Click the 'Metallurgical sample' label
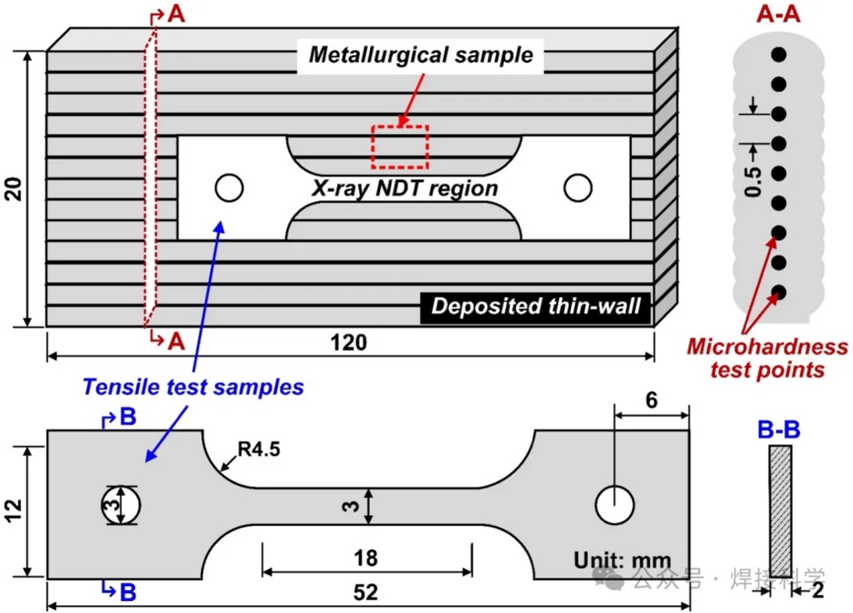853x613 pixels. [x=420, y=55]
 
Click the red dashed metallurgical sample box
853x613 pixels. [x=399, y=146]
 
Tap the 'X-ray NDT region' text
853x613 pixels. [x=405, y=188]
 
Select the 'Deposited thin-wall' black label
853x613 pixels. [x=536, y=307]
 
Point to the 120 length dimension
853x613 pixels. [x=349, y=343]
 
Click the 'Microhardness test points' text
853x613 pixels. [x=767, y=358]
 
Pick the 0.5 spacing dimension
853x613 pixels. [x=751, y=181]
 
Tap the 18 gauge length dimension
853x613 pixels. [x=367, y=556]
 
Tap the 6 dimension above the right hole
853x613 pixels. [x=651, y=401]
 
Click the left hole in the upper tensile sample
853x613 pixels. [x=228, y=188]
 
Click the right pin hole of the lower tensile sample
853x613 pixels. [x=615, y=504]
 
